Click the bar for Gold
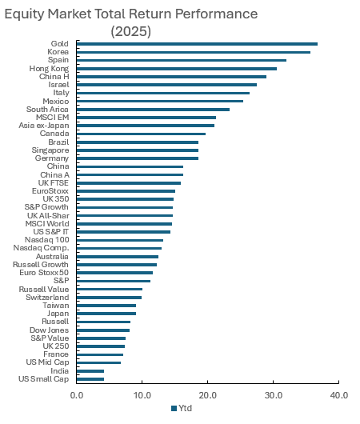pyautogui.click(x=197, y=44)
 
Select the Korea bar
pyautogui.click(x=194, y=52)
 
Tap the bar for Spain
pyautogui.click(x=182, y=60)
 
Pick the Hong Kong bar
pyautogui.click(x=177, y=69)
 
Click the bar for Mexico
pyautogui.click(x=160, y=102)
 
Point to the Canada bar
pyautogui.click(x=141, y=134)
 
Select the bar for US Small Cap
pyautogui.click(x=90, y=379)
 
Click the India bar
pyautogui.click(x=90, y=371)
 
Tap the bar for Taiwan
pyautogui.click(x=106, y=306)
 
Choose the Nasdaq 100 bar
pyautogui.click(x=120, y=240)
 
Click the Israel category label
pyautogui.click(x=58, y=85)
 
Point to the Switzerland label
pyautogui.click(x=47, y=297)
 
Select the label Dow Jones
pyautogui.click(x=50, y=330)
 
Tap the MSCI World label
pyautogui.click(x=47, y=224)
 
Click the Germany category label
pyautogui.click(x=52, y=158)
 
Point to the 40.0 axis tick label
pyautogui.click(x=339, y=395)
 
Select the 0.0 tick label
pyautogui.click(x=77, y=395)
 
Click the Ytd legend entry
pyautogui.click(x=182, y=408)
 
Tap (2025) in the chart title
pyautogui.click(x=131, y=31)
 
